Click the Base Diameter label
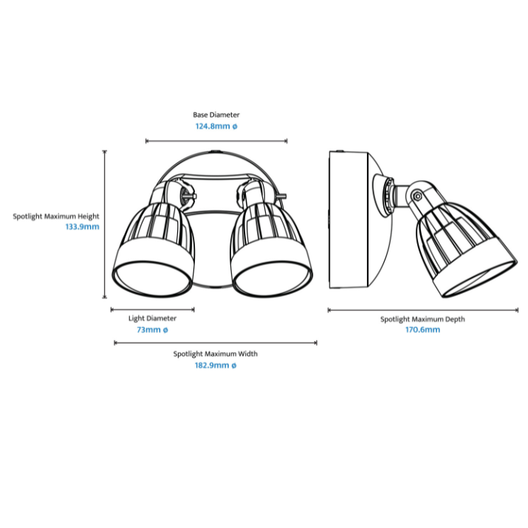216,114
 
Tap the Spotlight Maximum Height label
56,216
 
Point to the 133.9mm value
83,227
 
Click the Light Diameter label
152,318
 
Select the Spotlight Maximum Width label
216,354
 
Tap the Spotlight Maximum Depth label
422,319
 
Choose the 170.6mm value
422,329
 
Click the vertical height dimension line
105,224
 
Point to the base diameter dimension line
216,141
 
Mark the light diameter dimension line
153,309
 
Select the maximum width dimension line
216,343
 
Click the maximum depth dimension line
423,310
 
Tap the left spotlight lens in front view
153,279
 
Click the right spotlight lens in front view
272,278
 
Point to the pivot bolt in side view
417,196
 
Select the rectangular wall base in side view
349,220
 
